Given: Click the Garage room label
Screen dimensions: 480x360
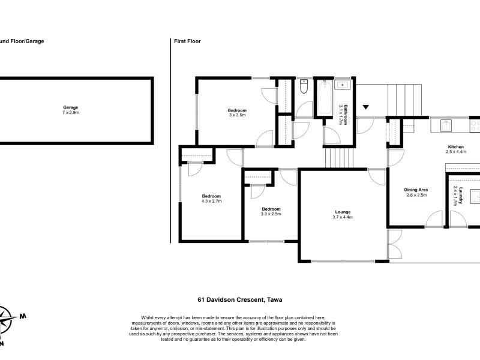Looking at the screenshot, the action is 70,107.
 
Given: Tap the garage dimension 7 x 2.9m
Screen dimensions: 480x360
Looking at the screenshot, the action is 70,112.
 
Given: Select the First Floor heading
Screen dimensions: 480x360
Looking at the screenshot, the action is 187,41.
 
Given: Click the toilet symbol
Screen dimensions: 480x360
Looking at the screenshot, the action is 304,86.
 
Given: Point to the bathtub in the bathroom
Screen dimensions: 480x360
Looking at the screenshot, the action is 325,97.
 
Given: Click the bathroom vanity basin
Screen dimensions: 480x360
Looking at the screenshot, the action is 342,84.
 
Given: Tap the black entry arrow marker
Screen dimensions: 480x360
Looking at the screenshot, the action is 366,107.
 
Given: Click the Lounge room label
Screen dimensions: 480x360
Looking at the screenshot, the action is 343,212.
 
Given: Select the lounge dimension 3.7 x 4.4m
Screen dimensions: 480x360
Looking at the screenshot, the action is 343,217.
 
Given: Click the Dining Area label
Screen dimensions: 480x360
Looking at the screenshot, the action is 416,190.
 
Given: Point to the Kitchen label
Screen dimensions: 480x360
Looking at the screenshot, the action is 456,146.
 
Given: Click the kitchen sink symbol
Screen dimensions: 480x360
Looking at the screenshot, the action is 446,125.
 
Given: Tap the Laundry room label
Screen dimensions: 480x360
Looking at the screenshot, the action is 460,196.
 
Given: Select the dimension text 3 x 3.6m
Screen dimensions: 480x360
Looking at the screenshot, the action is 237,115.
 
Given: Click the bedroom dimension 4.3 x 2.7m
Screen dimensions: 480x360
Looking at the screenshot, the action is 211,201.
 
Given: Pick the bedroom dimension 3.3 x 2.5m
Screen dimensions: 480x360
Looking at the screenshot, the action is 271,214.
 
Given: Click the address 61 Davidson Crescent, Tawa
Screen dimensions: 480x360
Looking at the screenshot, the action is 240,299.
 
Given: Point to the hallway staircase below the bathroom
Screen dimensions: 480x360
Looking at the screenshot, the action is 339,158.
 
